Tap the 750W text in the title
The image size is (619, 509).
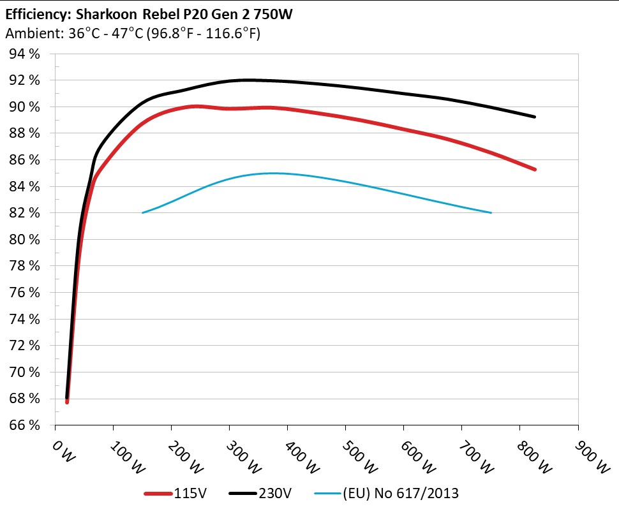pos(271,14)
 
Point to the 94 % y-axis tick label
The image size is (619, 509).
pos(24,54)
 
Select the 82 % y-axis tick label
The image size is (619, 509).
pos(24,213)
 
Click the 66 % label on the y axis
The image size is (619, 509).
pos(24,425)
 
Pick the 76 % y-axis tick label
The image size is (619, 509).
pos(24,293)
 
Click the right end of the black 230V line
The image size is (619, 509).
pos(534,117)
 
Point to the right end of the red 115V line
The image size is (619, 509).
pos(534,170)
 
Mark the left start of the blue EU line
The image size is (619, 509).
pos(142,212)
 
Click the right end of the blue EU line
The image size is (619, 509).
pos(491,212)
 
